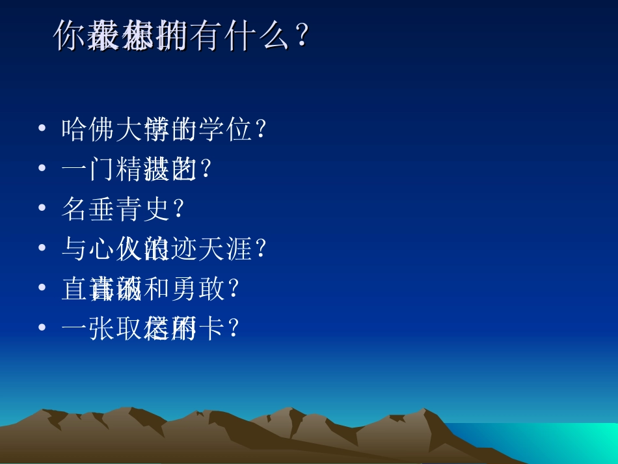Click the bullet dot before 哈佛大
42,129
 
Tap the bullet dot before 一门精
42,169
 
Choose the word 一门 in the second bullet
88,170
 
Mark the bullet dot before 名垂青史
42,208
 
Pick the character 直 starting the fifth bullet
75,289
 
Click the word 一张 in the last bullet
88,329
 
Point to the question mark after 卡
234,329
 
